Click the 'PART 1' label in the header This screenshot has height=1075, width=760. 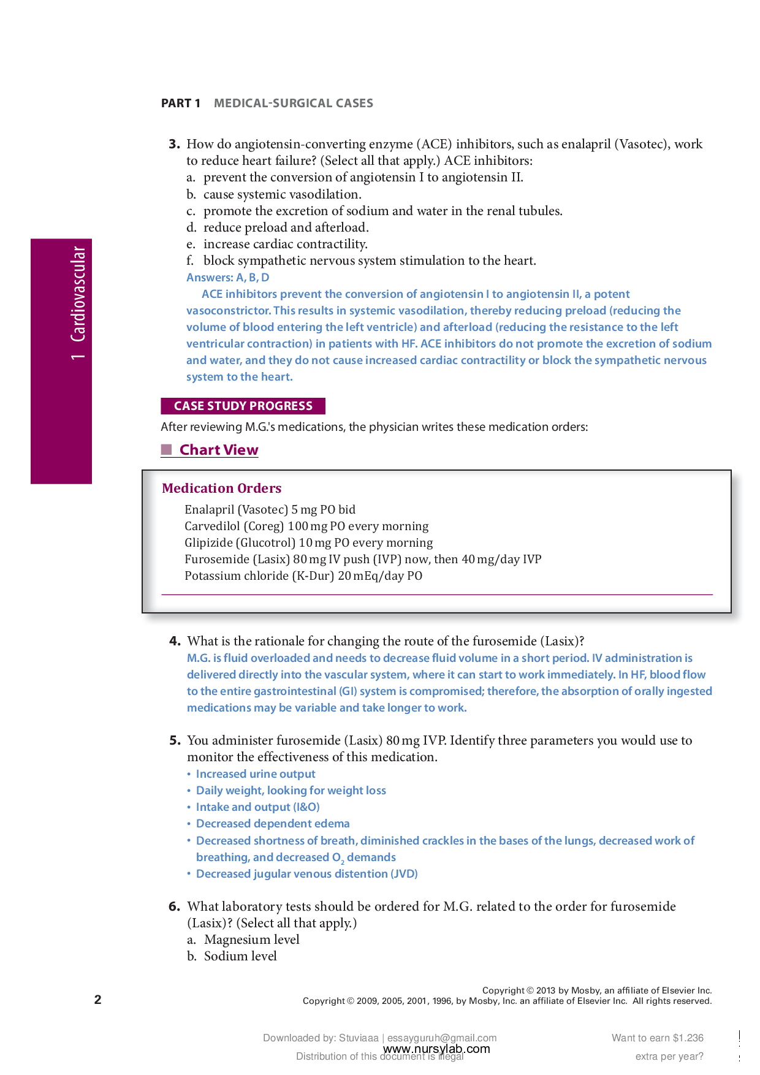180,103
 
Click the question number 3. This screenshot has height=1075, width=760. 174,144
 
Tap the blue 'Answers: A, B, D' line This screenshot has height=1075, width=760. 227,278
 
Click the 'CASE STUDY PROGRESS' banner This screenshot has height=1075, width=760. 243,406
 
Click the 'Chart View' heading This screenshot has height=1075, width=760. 218,450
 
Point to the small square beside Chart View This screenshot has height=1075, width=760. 166,450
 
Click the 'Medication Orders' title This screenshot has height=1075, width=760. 221,488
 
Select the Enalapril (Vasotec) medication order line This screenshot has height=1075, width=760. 270,509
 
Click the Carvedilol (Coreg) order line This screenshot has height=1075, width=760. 306,526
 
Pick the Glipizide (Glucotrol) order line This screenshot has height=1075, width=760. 308,542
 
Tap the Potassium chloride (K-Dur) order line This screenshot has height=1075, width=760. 303,575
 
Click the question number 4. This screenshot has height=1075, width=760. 175,641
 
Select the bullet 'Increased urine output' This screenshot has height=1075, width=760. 255,774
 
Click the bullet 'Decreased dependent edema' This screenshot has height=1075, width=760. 272,824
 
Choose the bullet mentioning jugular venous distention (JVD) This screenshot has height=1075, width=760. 306,874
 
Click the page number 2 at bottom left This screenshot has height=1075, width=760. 97,1000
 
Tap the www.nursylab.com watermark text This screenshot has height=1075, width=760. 436,1049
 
